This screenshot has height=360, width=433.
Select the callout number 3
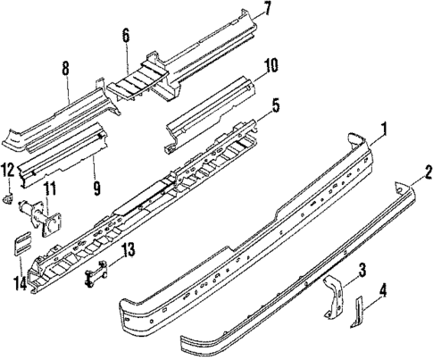pos(362,269)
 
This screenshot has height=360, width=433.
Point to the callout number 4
pos(384,289)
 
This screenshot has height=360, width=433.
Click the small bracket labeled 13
pos(96,270)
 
